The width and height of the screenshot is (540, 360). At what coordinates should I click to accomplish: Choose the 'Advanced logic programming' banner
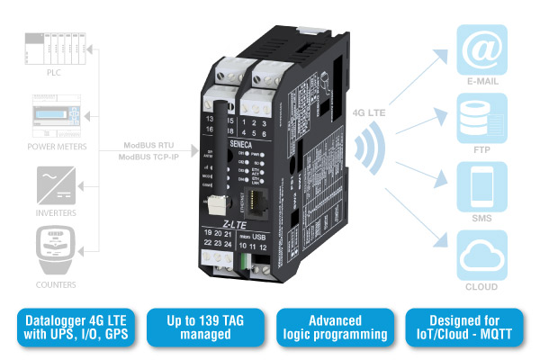[335, 328]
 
